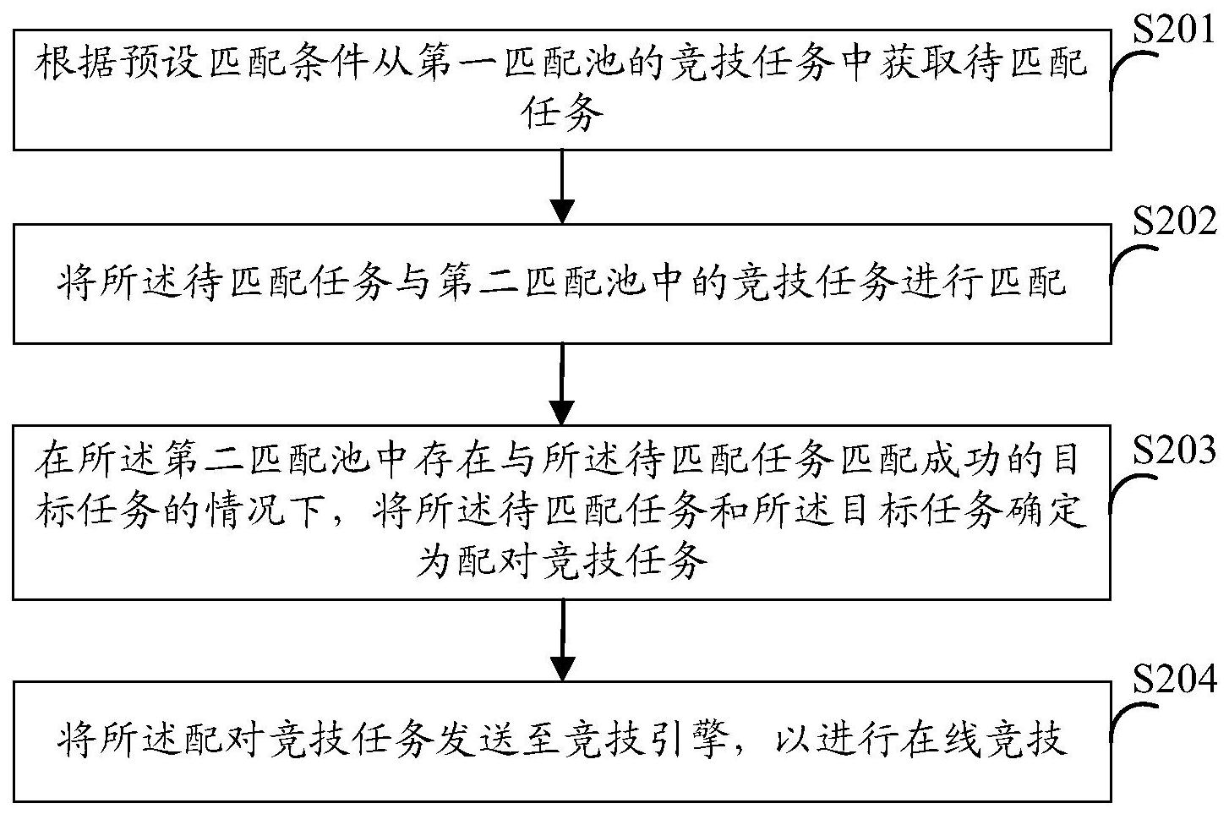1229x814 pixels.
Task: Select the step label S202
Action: (1174, 222)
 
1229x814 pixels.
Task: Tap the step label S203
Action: (1173, 451)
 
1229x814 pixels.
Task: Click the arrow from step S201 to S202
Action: (562, 187)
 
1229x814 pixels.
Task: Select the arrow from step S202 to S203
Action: (561, 384)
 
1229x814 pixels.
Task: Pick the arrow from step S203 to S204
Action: (562, 640)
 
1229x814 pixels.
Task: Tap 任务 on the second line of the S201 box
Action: (562, 113)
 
